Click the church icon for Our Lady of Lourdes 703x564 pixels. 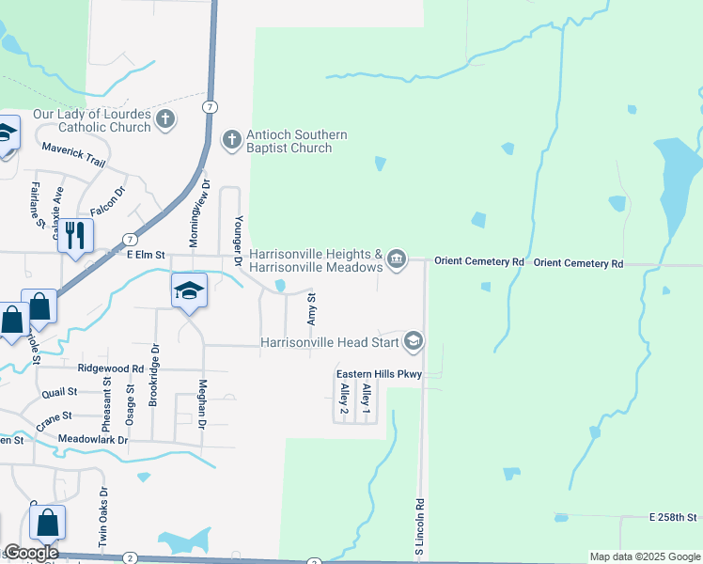click(165, 119)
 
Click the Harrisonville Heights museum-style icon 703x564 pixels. click(397, 258)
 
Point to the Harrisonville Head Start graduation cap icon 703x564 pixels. click(413, 341)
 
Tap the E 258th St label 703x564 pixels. click(672, 518)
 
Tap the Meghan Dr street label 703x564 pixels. click(201, 405)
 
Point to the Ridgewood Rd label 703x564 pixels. click(111, 369)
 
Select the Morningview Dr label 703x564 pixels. click(195, 214)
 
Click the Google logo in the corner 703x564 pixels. click(31, 553)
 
